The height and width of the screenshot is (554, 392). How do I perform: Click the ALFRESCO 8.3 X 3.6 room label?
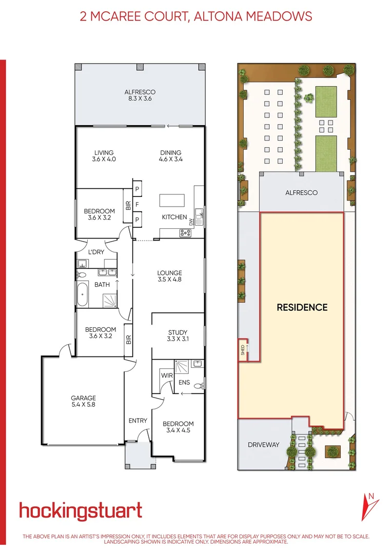click(140, 95)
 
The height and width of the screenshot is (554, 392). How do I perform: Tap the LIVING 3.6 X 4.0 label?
click(104, 156)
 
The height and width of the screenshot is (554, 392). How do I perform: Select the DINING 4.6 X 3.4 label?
click(171, 156)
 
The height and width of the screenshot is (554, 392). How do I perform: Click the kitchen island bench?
click(171, 200)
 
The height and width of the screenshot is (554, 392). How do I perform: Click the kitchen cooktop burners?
click(185, 233)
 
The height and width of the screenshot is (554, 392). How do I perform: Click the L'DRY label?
click(96, 253)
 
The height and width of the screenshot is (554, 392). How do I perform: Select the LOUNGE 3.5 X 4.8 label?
click(170, 276)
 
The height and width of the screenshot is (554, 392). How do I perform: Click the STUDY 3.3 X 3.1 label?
click(178, 335)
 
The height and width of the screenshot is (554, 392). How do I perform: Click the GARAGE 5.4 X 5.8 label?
click(83, 401)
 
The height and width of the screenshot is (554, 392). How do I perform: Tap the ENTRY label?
click(138, 421)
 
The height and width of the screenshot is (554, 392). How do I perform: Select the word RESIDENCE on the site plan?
click(302, 308)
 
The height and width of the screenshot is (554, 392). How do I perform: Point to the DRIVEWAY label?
click(263, 445)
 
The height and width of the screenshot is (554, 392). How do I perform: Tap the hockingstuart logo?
click(81, 511)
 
